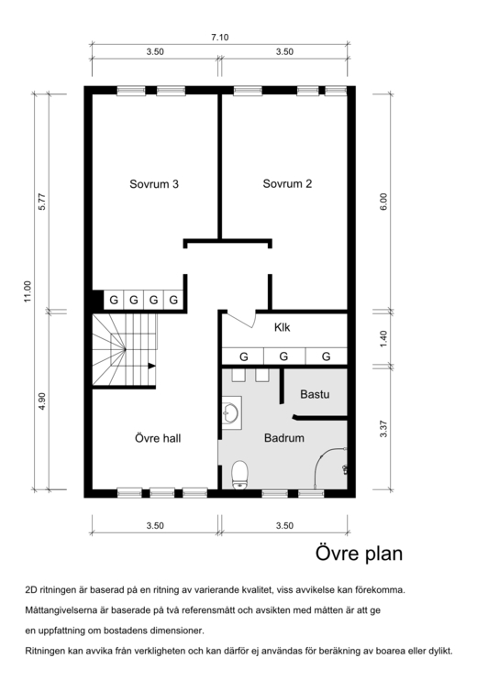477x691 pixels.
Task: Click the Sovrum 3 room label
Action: [154, 184]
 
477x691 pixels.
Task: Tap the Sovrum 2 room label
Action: [287, 184]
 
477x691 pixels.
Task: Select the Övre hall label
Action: [158, 438]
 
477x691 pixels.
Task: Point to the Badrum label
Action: [284, 438]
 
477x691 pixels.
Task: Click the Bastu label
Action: [315, 394]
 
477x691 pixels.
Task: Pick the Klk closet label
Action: [282, 327]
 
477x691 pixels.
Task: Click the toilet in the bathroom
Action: [239, 475]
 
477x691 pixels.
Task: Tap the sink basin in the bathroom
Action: [230, 413]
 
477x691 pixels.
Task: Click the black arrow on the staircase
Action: [151, 366]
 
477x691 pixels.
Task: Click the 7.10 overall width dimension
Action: [220, 38]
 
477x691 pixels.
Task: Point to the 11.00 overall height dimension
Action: [28, 291]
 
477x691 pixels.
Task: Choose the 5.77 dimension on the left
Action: [42, 202]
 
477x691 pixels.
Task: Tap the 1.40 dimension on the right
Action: [383, 338]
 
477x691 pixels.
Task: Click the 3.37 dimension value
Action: [383, 429]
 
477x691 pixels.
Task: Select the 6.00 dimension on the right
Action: [383, 202]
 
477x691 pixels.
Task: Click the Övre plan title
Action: [359, 553]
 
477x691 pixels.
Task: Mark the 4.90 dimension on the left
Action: [42, 401]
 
